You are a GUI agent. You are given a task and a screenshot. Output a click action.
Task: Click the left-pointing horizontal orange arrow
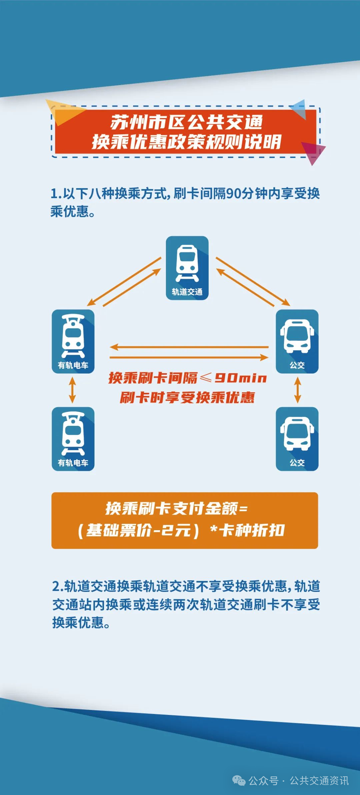189,347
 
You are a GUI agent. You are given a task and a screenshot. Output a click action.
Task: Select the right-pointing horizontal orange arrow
189,357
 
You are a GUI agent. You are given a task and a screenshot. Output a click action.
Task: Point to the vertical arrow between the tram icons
72,390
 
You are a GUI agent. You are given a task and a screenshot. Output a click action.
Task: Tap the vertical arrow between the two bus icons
298,390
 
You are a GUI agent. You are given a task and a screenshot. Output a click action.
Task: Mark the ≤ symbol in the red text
206,377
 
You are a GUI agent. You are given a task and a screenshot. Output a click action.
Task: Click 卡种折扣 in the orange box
252,530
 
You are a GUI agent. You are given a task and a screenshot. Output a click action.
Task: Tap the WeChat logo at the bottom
239,780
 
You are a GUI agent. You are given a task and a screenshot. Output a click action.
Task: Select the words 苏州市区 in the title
148,122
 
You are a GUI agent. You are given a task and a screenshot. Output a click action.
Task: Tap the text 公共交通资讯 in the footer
319,781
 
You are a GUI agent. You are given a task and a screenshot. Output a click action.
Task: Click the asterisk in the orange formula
214,529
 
